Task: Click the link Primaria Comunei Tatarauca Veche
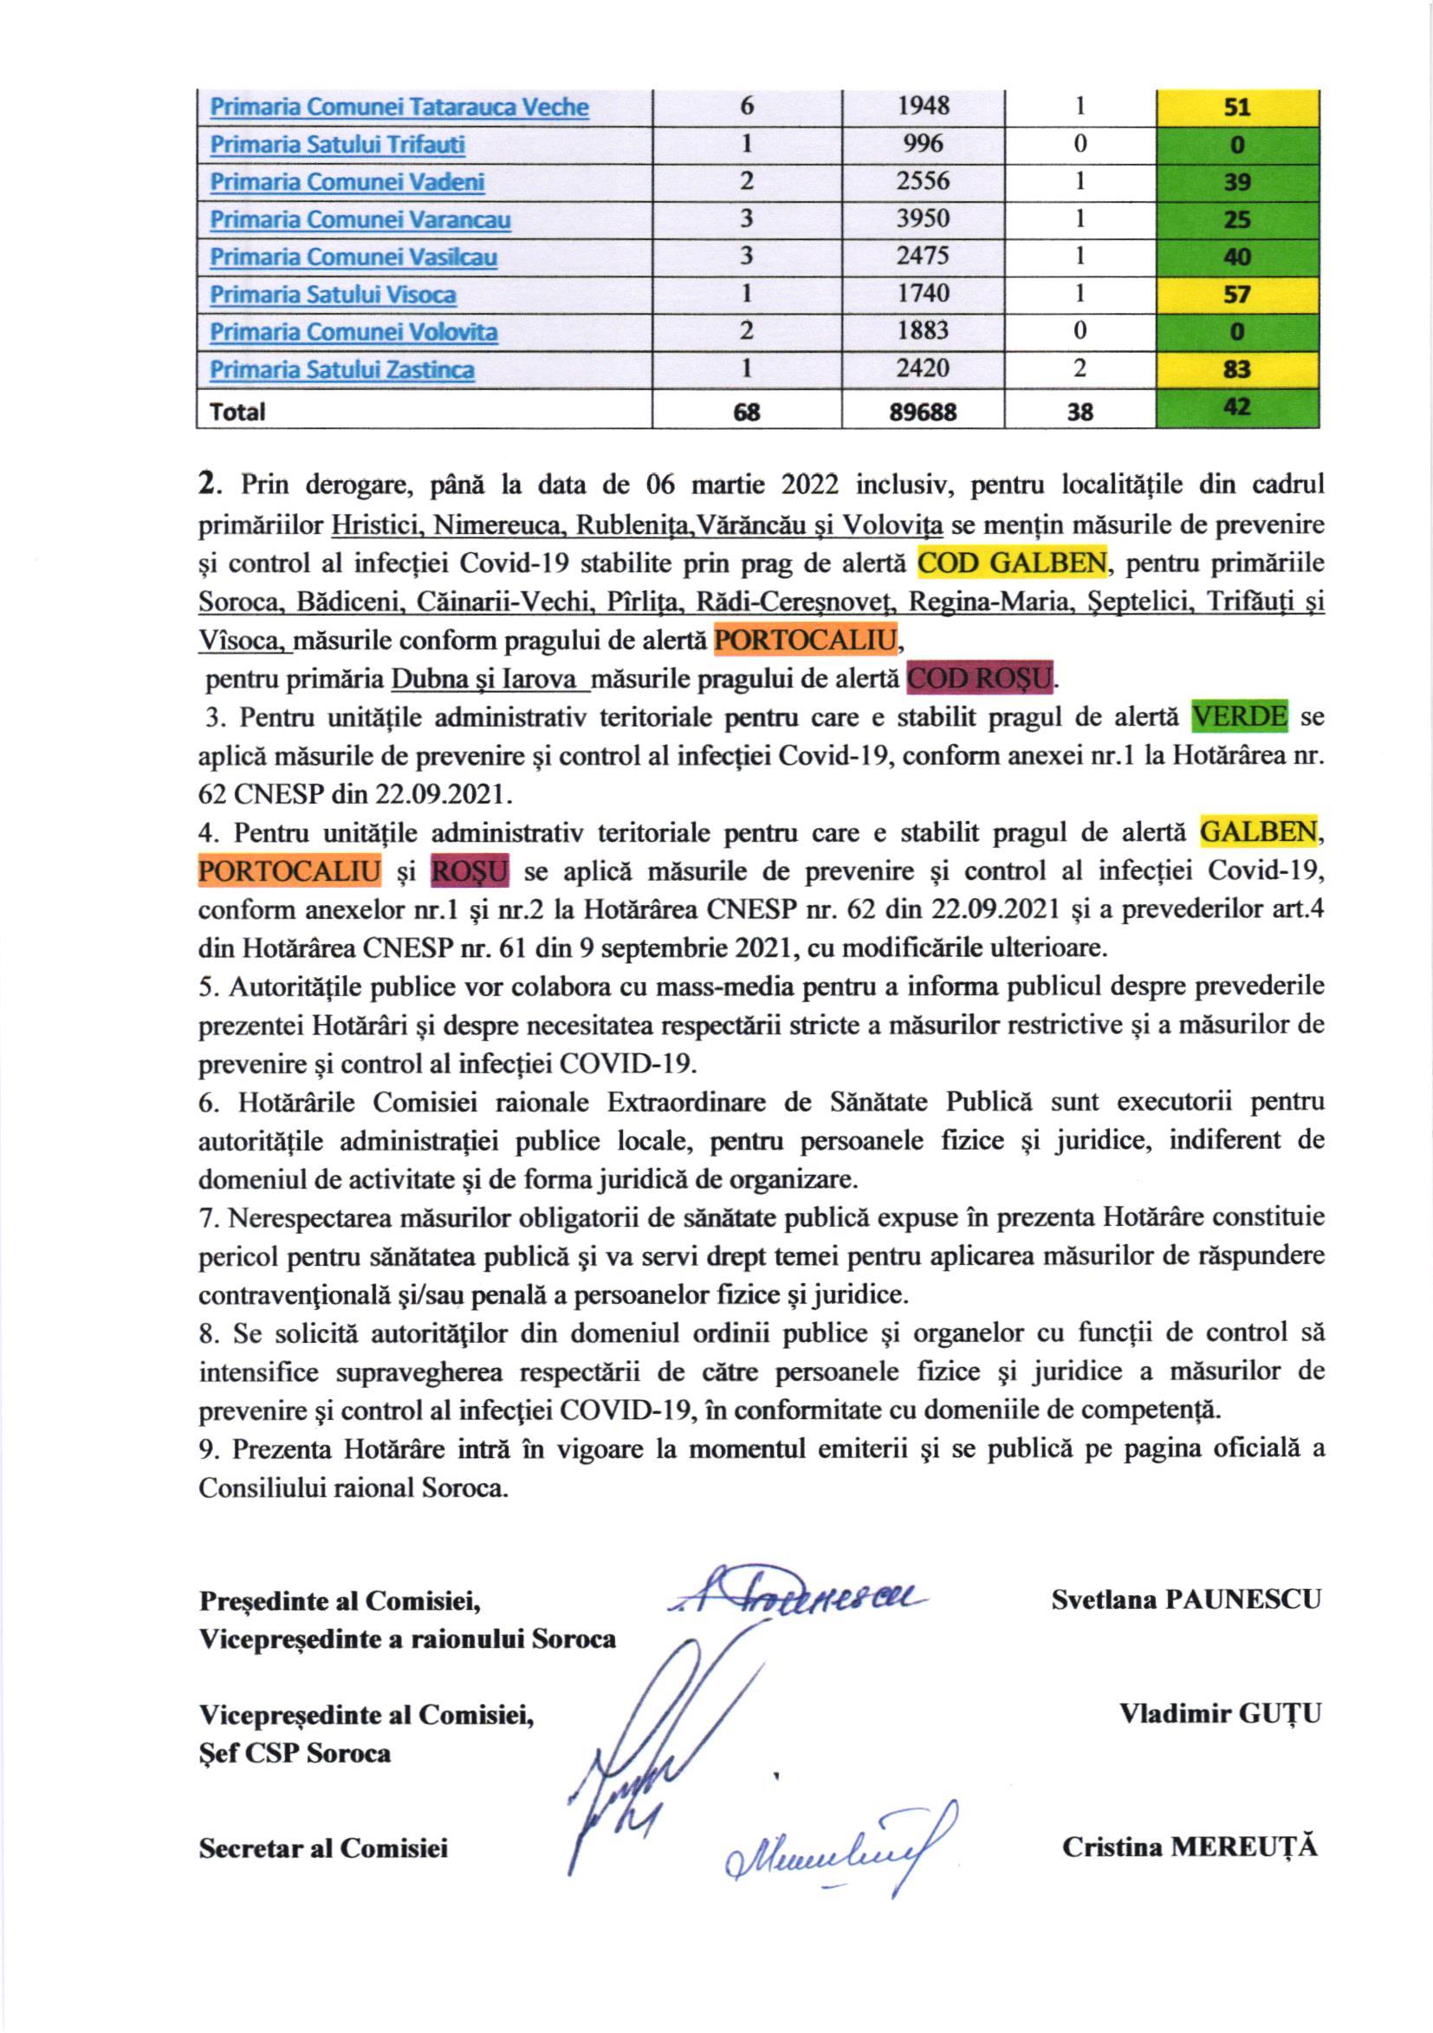point(399,108)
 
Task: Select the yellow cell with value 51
point(1237,108)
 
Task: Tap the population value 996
point(924,143)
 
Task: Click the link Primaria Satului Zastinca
point(341,369)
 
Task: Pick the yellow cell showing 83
point(1237,369)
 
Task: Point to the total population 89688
point(924,412)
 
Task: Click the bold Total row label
point(237,412)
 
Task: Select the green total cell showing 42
point(1237,409)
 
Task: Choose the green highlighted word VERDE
point(1239,716)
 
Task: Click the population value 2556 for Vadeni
point(924,181)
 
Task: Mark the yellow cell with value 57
point(1237,294)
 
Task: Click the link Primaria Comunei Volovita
point(353,332)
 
